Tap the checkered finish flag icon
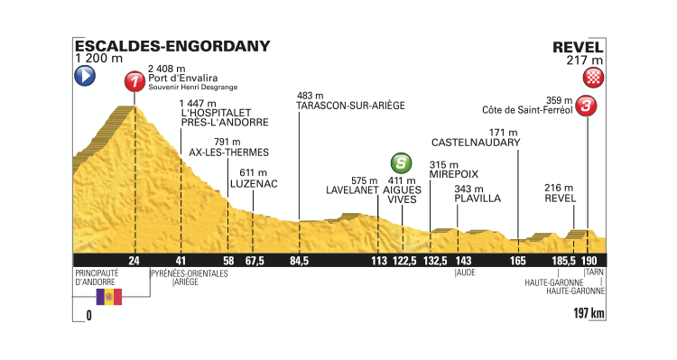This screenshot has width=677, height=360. click(x=593, y=77)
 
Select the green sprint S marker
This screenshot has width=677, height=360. click(x=399, y=163)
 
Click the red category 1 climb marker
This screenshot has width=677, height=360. click(x=135, y=82)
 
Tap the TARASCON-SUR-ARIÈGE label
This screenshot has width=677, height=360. click(x=349, y=106)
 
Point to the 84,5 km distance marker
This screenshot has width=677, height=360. click(x=300, y=262)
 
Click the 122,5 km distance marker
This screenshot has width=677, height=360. click(x=403, y=262)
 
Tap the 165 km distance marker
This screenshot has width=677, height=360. click(x=517, y=262)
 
